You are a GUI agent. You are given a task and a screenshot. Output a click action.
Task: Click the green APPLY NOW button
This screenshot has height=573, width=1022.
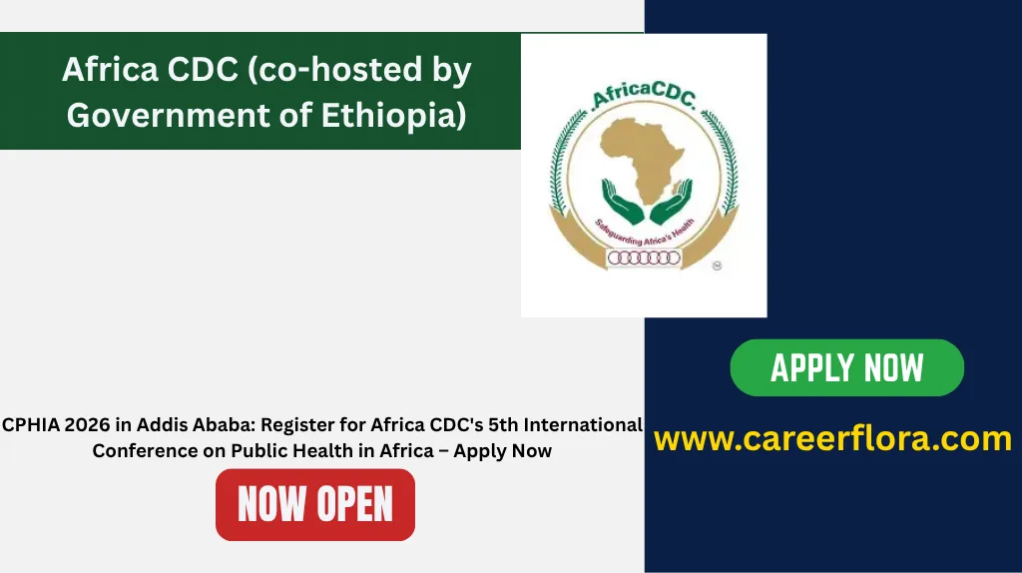[x=846, y=367]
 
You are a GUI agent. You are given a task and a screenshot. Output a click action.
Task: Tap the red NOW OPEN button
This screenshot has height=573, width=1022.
[x=315, y=504]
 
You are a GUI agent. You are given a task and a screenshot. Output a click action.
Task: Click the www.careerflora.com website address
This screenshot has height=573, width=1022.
[x=833, y=438]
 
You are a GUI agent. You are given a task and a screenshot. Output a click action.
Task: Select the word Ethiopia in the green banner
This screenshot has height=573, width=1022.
[x=393, y=115]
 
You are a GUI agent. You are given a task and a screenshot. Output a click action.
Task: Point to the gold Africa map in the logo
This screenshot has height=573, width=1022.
[x=642, y=159]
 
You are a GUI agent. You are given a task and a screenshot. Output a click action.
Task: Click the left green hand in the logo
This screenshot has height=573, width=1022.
[x=622, y=202]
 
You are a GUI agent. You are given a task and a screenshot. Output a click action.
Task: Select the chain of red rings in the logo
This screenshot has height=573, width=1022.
[x=644, y=259]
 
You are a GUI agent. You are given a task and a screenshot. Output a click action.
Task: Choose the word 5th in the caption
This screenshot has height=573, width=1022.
[x=503, y=425]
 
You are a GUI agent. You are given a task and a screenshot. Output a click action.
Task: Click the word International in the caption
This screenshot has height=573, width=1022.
[x=583, y=425]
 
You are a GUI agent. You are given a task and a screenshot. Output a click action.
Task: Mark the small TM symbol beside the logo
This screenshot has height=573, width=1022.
[x=717, y=266]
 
